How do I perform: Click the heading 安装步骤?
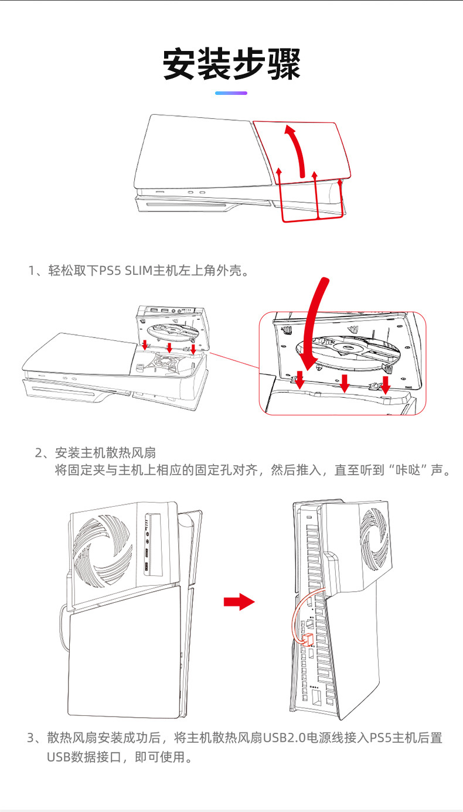point(231,64)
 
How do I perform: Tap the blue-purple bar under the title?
point(231,93)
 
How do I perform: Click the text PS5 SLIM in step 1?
point(124,271)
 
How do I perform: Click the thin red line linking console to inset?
point(234,360)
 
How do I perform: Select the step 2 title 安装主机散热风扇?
point(105,453)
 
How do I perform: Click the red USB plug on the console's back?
point(307,639)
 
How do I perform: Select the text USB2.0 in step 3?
point(284,738)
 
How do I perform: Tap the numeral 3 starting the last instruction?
point(31,738)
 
